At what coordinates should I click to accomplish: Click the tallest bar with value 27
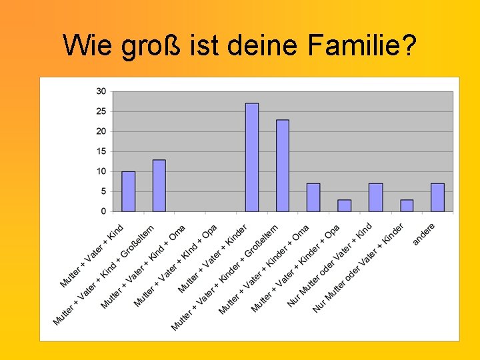(252, 157)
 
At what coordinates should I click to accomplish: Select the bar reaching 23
(283, 165)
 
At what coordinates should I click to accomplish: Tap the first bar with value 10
(128, 191)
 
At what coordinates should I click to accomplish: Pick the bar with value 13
(159, 185)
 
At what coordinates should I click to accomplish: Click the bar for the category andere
(437, 197)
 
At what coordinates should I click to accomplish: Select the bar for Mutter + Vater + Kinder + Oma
(313, 197)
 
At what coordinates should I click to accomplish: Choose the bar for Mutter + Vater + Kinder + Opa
(344, 205)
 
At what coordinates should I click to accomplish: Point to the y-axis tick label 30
(101, 91)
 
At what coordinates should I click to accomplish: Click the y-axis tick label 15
(101, 151)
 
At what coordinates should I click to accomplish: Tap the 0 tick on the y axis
(103, 211)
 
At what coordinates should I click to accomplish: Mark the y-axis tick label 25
(101, 111)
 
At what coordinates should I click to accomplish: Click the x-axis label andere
(424, 233)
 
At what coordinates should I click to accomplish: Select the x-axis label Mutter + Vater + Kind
(92, 257)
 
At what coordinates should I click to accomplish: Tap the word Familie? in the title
(363, 45)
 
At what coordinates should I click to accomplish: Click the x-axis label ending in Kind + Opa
(175, 267)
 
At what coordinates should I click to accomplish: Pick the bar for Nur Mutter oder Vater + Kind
(375, 197)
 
